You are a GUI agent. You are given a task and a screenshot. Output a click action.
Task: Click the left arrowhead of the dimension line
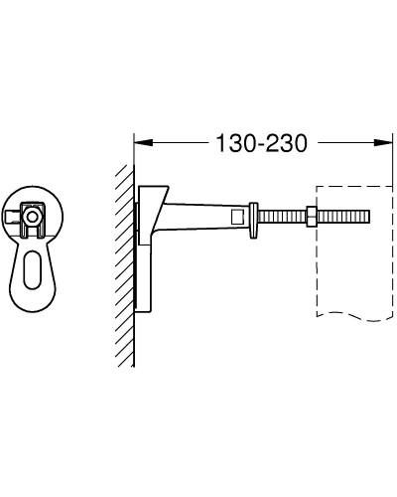pyautogui.click(x=140, y=142)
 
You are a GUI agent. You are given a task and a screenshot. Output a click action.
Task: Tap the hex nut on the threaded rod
pyautogui.click(x=311, y=215)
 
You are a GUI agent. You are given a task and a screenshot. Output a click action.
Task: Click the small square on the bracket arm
pyautogui.click(x=237, y=215)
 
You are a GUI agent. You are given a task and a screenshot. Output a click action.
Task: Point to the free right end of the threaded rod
pyautogui.click(x=367, y=215)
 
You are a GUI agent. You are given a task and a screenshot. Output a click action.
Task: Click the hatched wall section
pyautogui.click(x=124, y=248)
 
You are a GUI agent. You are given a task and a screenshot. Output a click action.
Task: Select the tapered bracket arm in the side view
pyautogui.click(x=203, y=215)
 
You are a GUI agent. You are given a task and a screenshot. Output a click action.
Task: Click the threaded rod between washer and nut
pyautogui.click(x=283, y=215)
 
